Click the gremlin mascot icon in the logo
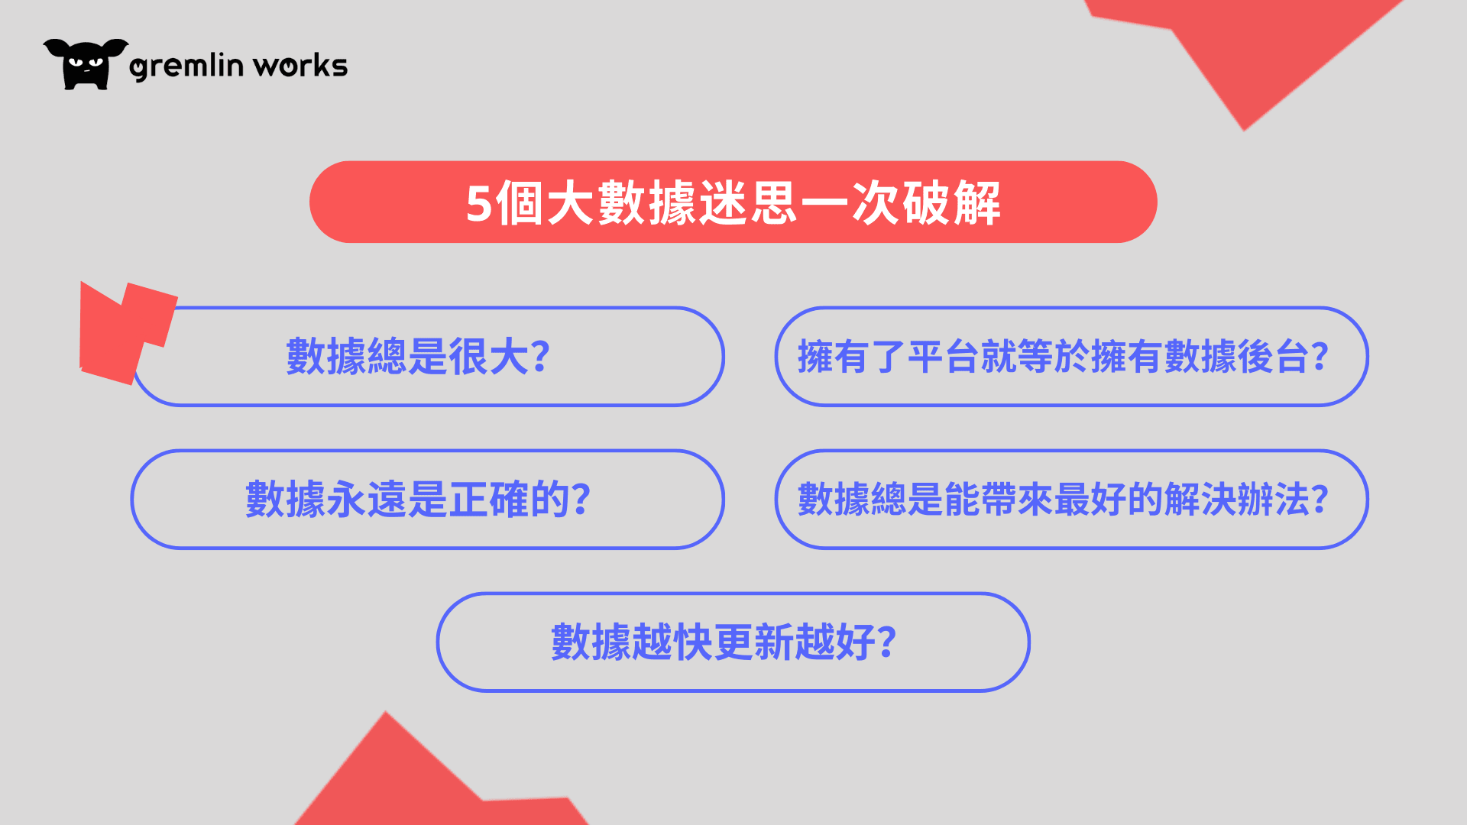pyautogui.click(x=86, y=64)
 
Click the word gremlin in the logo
pyautogui.click(x=186, y=66)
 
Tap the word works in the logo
pyautogui.click(x=300, y=66)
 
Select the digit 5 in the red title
pyautogui.click(x=479, y=204)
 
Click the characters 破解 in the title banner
pyautogui.click(x=951, y=203)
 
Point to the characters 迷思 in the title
pyautogui.click(x=748, y=203)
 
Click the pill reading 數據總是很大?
pyautogui.click(x=428, y=357)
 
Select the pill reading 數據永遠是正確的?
pyautogui.click(x=428, y=500)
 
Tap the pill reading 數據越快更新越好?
pyautogui.click(x=733, y=642)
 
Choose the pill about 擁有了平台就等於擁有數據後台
pyautogui.click(x=1071, y=357)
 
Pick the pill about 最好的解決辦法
pyautogui.click(x=1071, y=500)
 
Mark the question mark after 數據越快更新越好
pyautogui.click(x=886, y=642)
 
